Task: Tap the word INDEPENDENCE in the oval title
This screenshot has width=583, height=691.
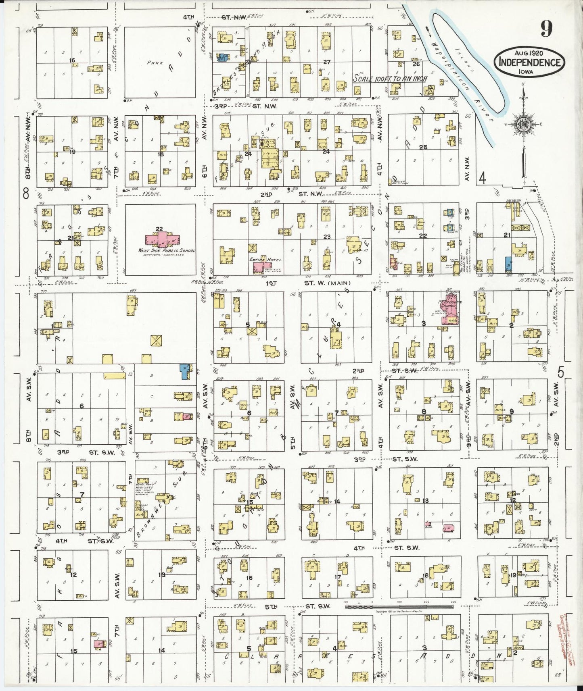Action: coord(529,62)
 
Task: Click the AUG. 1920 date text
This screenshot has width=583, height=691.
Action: coord(529,53)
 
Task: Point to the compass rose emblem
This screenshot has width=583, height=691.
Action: coord(524,125)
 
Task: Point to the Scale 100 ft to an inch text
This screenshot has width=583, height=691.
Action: coord(390,78)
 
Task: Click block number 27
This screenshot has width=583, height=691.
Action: coord(326,62)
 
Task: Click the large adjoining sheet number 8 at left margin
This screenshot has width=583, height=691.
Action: coord(26,194)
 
